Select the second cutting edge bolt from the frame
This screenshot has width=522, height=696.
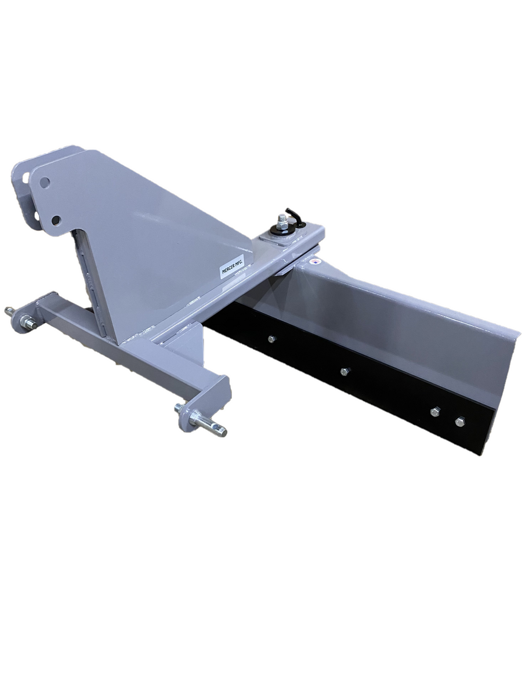(x=344, y=371)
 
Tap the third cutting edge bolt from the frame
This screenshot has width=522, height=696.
(x=434, y=411)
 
